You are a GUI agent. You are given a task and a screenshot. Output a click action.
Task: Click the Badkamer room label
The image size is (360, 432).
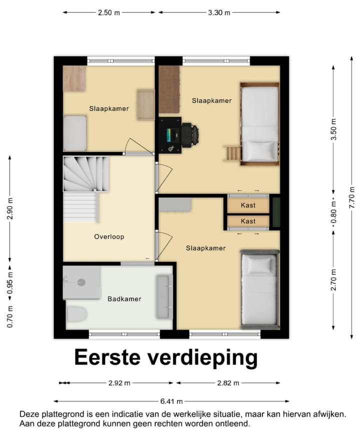(124, 299)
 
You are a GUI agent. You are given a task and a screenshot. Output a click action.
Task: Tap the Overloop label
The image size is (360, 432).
(109, 236)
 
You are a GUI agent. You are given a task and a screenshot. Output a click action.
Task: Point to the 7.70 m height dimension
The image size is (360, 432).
(353, 197)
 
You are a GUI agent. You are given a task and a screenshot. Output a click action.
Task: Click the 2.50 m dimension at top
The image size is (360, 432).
(108, 13)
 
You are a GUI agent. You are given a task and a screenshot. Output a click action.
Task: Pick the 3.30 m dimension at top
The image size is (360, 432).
(219, 13)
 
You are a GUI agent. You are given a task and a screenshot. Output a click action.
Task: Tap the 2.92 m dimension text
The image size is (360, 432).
(119, 383)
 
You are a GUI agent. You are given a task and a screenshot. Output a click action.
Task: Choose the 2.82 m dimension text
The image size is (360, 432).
(228, 383)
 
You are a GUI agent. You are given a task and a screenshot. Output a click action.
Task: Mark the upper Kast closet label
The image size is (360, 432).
(248, 205)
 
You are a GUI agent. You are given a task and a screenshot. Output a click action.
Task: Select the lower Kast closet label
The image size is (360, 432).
(248, 221)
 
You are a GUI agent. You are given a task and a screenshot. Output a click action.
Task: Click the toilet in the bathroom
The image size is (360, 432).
(76, 314)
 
